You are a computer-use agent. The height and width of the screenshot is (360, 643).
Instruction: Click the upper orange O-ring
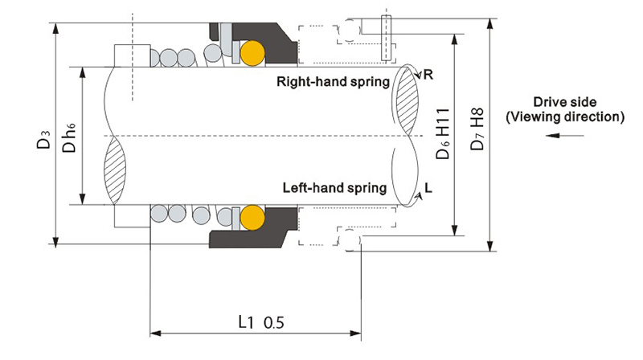point(252,53)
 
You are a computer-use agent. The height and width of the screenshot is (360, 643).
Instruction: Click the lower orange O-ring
point(252,216)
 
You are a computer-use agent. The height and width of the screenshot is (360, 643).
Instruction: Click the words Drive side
point(564,102)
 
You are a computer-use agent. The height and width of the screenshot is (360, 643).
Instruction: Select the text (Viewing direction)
point(564,117)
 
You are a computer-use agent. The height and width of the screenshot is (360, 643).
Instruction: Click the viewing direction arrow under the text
point(563,136)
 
